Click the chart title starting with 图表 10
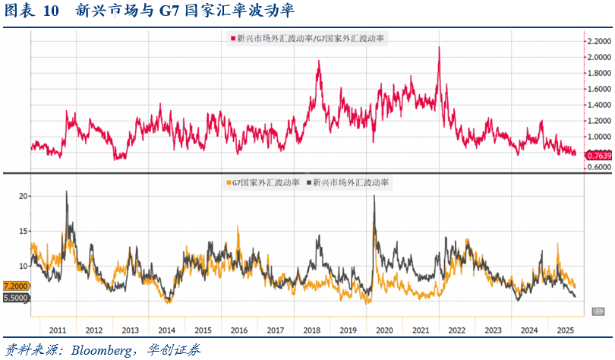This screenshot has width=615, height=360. [x=148, y=11]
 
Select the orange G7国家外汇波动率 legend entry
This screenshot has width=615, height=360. [x=262, y=182]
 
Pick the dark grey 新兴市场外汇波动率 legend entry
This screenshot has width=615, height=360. [x=349, y=182]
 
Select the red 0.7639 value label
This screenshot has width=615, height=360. [x=598, y=155]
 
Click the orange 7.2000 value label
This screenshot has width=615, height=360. [x=16, y=286]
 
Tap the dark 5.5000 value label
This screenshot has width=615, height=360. [x=16, y=298]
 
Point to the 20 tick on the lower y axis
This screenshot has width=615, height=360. [x=22, y=196]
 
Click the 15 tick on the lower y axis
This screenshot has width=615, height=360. [x=22, y=231]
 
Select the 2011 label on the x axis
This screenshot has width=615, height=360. [x=58, y=330]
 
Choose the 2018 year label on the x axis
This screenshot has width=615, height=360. [x=311, y=330]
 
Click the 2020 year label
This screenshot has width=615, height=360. [x=383, y=330]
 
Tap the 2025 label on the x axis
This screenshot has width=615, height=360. [x=564, y=330]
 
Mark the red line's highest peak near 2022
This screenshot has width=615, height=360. [x=439, y=47]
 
